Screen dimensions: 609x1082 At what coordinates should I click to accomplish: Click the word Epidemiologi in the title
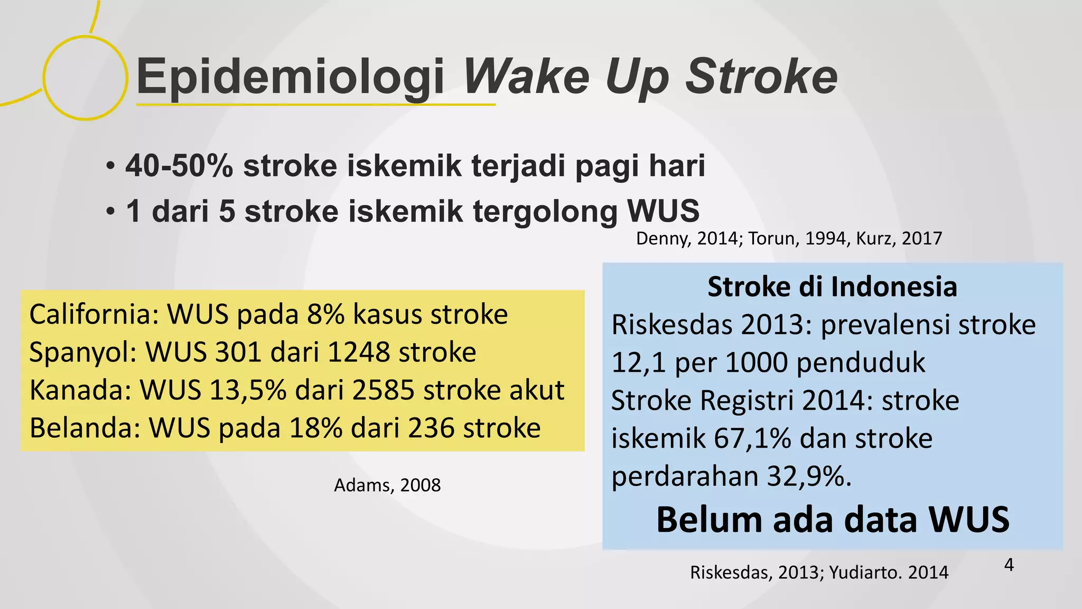(x=290, y=77)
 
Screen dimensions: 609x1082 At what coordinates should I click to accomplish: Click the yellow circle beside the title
(x=85, y=78)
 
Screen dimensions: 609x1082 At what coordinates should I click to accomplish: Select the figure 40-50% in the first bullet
(x=179, y=166)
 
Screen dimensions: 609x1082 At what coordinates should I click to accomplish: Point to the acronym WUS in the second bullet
(x=663, y=211)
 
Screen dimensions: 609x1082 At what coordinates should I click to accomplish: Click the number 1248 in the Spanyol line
(x=358, y=352)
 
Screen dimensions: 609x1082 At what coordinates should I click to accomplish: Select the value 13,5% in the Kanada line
(x=248, y=390)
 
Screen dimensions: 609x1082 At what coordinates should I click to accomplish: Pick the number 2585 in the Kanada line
(x=383, y=390)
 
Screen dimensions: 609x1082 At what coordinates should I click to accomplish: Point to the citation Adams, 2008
(x=387, y=485)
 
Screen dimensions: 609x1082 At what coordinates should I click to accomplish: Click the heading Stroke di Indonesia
(x=832, y=287)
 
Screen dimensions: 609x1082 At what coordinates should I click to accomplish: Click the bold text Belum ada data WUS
(x=833, y=520)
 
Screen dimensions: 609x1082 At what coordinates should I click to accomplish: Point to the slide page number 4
(x=1009, y=565)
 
